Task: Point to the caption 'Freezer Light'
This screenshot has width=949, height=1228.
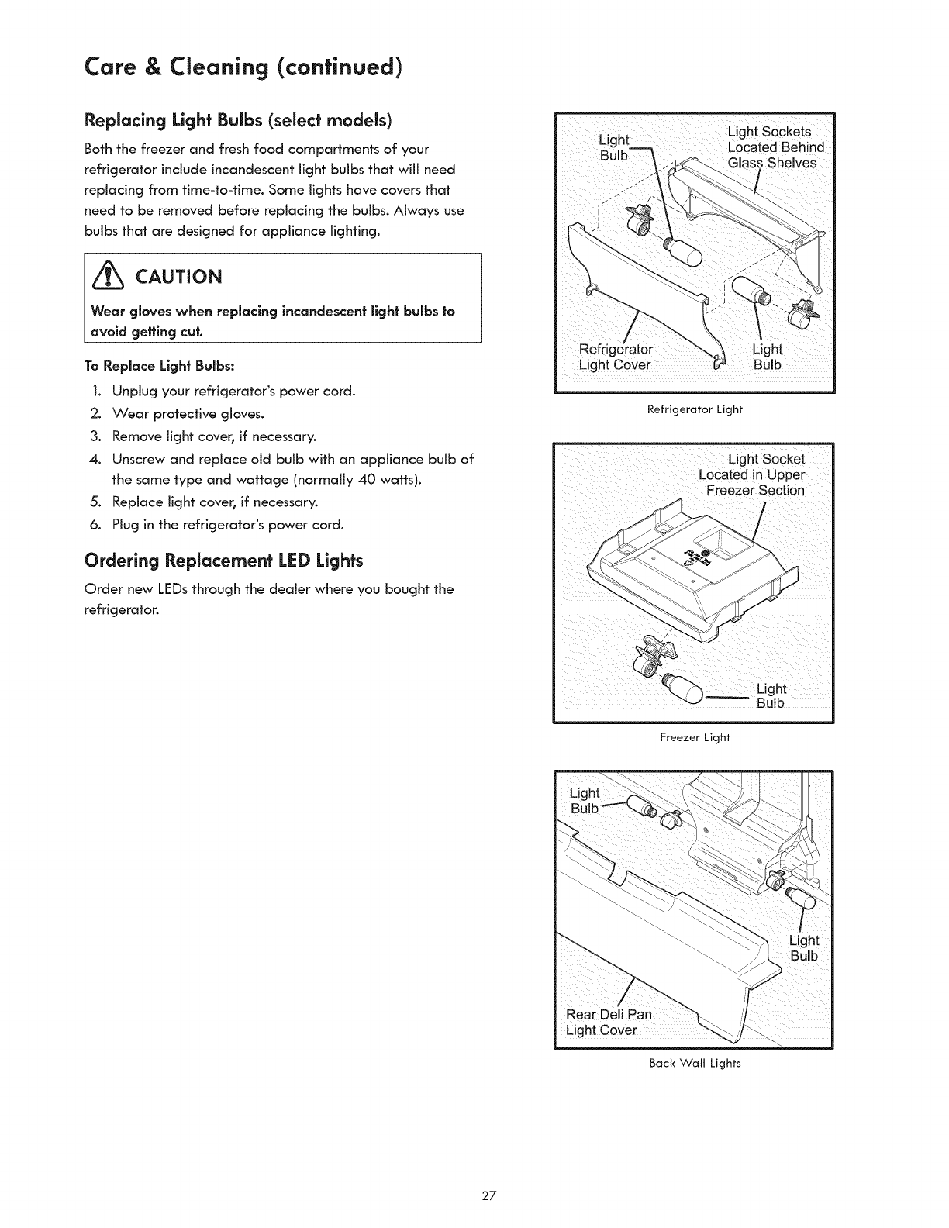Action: pos(695,737)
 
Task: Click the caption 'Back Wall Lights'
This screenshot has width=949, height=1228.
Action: pos(695,1063)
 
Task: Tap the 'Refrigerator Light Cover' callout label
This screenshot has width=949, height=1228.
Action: pos(616,357)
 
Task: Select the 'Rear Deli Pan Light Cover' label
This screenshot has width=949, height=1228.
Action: pos(609,1022)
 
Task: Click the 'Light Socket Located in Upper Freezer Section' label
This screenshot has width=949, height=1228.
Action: pos(753,474)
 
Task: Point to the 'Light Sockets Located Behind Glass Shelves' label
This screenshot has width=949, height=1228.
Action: pos(775,147)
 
